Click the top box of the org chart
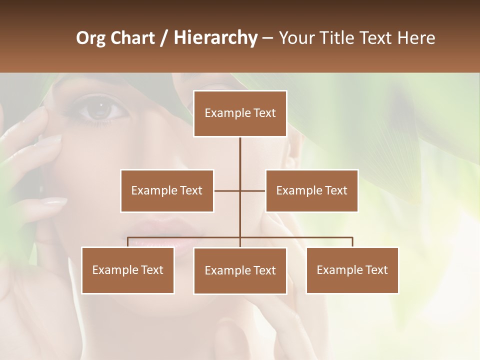click(x=240, y=113)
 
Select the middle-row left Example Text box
click(x=167, y=190)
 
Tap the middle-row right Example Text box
click(x=311, y=190)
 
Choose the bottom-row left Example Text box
click(x=128, y=270)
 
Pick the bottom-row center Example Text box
click(x=240, y=270)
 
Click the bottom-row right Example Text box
click(x=352, y=270)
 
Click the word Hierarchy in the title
click(x=215, y=38)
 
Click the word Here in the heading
click(x=416, y=38)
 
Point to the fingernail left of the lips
click(x=54, y=201)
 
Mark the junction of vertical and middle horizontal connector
click(x=240, y=190)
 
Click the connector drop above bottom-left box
click(x=128, y=242)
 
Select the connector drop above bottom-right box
click(x=352, y=242)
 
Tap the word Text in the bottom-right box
click(x=375, y=270)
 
